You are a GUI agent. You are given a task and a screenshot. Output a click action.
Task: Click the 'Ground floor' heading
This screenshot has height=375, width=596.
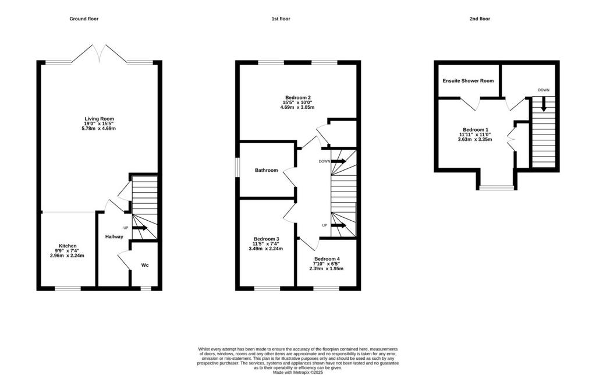84,19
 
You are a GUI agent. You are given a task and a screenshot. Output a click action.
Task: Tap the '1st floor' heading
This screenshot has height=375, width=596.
281,19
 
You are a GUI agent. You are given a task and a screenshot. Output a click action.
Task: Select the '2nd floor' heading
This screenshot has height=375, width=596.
480,19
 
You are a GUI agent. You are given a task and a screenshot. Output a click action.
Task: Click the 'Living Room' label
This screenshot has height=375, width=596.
99,119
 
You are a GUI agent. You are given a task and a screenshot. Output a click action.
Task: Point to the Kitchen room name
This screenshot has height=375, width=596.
68,246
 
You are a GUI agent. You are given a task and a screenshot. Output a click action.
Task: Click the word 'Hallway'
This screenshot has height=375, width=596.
114,236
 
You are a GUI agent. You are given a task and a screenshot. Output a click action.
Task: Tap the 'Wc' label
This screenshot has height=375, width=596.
145,265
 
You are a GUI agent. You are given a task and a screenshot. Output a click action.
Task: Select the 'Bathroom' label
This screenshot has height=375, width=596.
266,171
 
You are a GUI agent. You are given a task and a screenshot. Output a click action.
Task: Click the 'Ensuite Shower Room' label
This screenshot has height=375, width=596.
468,80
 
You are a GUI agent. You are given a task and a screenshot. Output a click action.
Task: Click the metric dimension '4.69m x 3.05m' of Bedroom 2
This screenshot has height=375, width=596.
297,107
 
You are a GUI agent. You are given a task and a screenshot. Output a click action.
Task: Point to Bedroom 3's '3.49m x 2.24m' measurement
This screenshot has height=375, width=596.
265,249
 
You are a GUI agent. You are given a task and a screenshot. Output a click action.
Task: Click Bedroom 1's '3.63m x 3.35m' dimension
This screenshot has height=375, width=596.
475,139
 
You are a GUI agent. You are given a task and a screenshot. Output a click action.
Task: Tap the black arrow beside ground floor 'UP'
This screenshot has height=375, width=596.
140,228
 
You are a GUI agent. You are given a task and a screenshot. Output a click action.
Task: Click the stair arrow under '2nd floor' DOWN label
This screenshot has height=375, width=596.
544,104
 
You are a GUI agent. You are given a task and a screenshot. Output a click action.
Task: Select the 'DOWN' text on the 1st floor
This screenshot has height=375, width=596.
324,161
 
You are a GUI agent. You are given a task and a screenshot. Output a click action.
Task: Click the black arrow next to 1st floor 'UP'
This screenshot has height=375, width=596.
338,225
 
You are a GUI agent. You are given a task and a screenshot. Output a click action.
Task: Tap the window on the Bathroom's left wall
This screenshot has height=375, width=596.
237,168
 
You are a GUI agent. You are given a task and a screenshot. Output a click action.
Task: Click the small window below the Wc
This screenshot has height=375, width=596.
146,289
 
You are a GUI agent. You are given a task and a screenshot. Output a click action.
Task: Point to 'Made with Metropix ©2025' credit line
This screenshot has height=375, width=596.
298,373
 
